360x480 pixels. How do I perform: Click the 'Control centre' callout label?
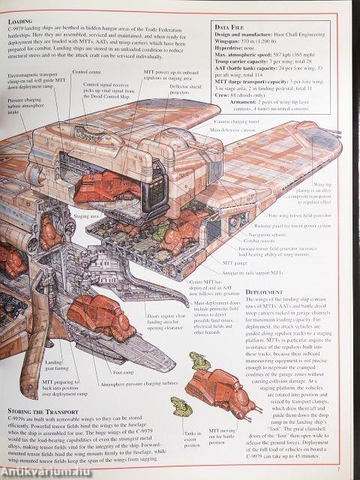[x=87, y=73]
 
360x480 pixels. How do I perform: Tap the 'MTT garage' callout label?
[x=237, y=264]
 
